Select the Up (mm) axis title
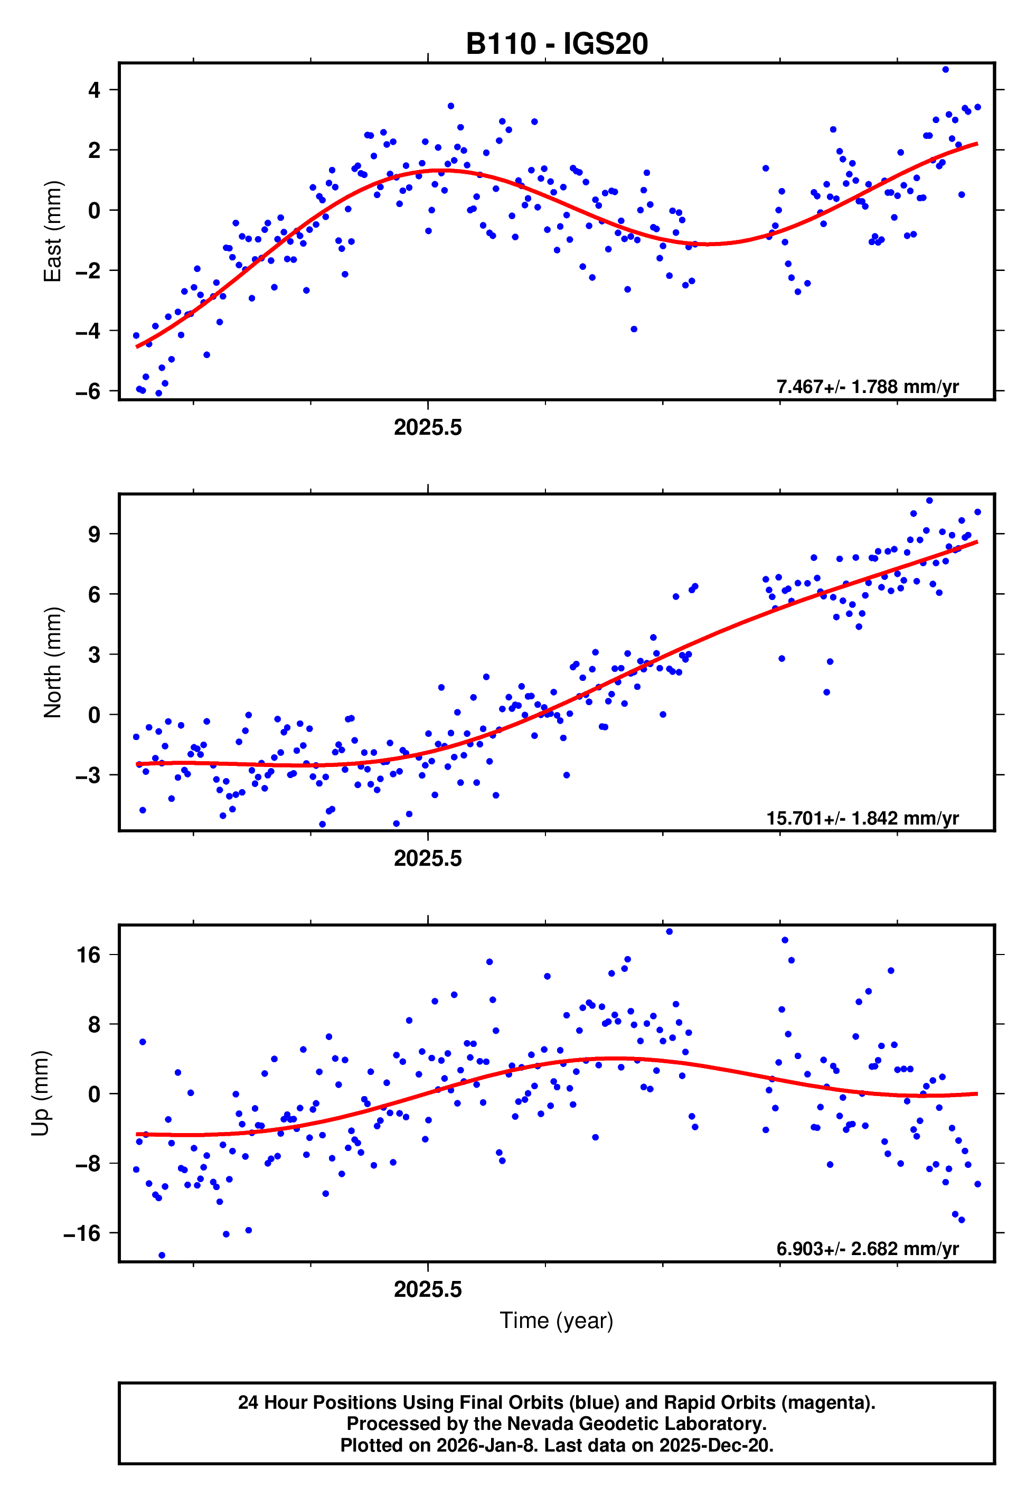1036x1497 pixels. (40, 1093)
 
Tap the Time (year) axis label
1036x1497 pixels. (557, 1321)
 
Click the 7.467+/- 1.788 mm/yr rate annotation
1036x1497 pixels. (867, 387)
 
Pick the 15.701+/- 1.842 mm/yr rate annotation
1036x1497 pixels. (862, 818)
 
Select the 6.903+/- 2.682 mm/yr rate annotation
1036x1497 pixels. (867, 1248)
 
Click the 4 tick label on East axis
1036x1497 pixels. (95, 90)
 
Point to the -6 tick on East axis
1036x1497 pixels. (88, 391)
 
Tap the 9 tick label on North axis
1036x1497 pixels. (95, 534)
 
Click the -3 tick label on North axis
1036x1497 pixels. (88, 775)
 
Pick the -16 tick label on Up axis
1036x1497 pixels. (82, 1233)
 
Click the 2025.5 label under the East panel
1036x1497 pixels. (428, 428)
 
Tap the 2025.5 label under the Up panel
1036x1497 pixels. (428, 1289)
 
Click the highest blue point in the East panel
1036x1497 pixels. (945, 69)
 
